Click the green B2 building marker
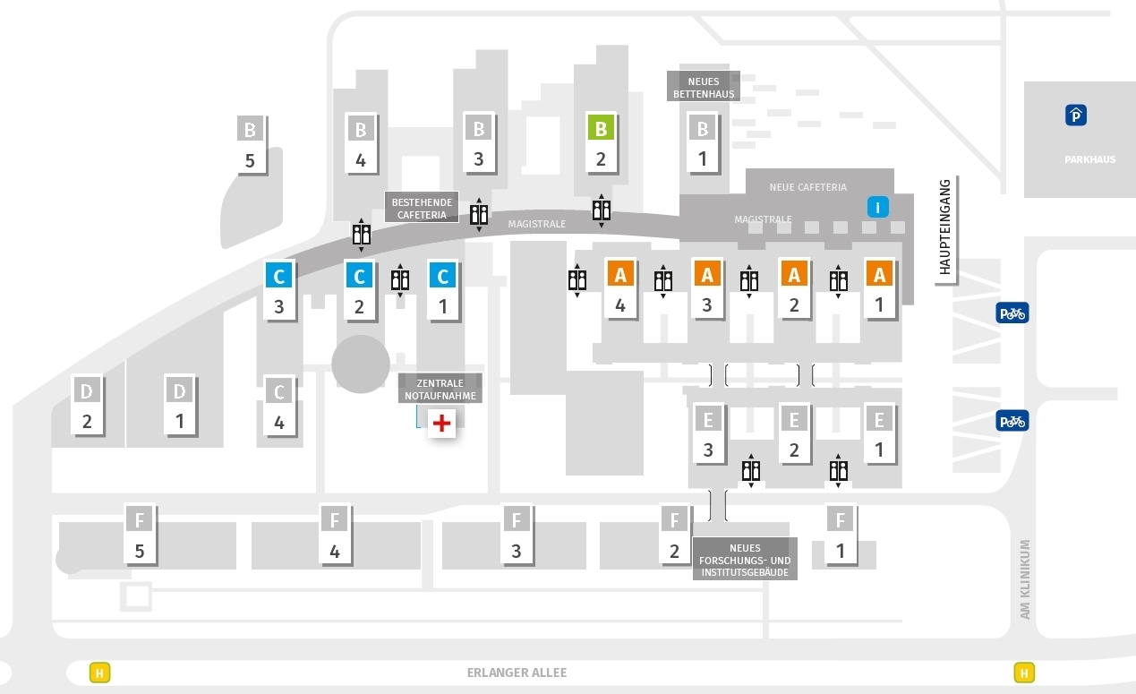coord(602,143)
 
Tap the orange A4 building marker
coord(620,289)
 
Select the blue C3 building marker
coord(279,291)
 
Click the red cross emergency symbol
coord(441,423)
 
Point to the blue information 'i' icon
coord(878,207)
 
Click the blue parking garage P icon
coord(1076,116)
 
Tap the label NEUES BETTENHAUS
coord(704,87)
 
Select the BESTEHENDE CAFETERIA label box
coord(422,207)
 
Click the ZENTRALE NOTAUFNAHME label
coord(440,389)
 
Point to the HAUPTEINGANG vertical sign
coord(946,229)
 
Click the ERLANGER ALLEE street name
coord(517,673)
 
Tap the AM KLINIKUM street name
coord(1025,578)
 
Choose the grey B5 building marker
coord(251,145)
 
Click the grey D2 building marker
coord(87,406)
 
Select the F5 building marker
coord(140,535)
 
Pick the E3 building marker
coord(708,434)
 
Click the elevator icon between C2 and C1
coord(400,280)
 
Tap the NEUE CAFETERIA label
coord(807,187)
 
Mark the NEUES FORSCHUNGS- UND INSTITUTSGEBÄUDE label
coord(745,560)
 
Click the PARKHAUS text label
coord(1089,159)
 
